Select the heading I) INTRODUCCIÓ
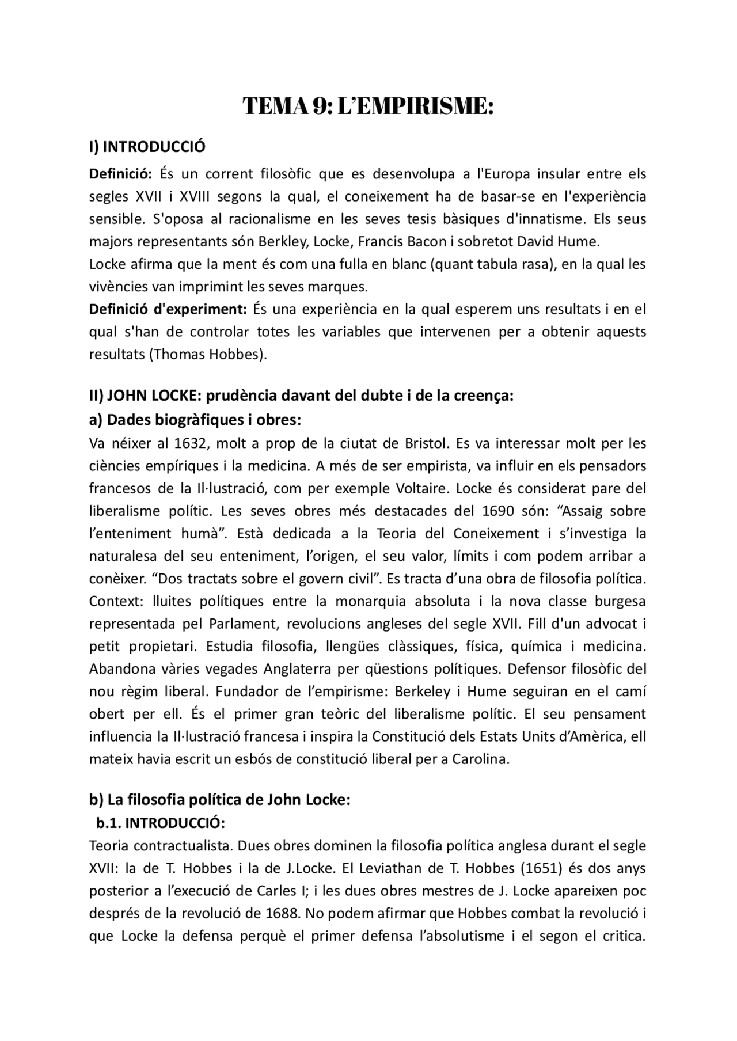point(147,147)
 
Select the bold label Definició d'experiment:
point(168,309)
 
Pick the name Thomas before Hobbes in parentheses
point(178,354)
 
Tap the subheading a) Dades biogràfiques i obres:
point(195,420)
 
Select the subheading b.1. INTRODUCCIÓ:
point(161,823)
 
